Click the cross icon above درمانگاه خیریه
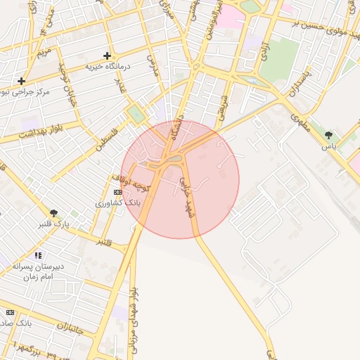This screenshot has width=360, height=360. coord(107,56)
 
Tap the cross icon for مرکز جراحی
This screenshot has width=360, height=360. coord(21,81)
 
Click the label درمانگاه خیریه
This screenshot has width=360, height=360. coord(108,66)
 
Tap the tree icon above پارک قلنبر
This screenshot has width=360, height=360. coord(54,213)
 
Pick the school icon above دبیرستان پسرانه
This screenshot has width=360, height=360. coord(38,255)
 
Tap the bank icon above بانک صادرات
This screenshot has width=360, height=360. coord(10,312)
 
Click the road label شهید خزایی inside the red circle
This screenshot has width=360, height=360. coord(186,196)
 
